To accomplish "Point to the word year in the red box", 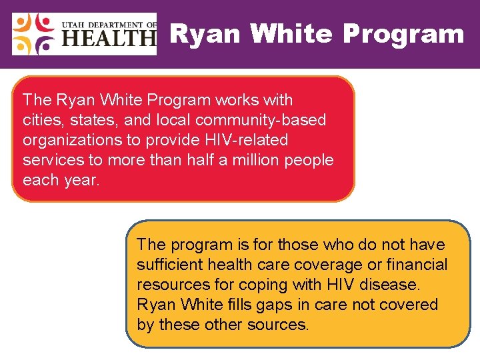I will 79,180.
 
